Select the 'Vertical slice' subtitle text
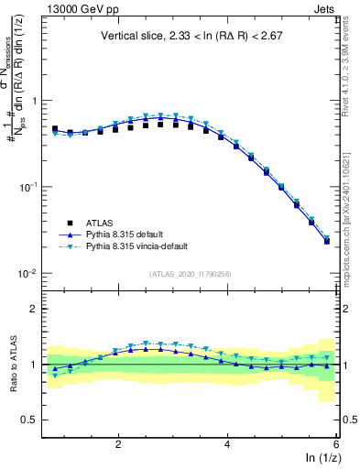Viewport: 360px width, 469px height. pyautogui.click(x=193, y=36)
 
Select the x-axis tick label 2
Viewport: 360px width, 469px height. pyautogui.click(x=118, y=443)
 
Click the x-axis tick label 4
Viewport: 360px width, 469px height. pyautogui.click(x=227, y=443)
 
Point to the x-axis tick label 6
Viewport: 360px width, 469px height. pyautogui.click(x=336, y=443)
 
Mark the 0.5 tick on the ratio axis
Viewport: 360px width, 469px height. pyautogui.click(x=29, y=420)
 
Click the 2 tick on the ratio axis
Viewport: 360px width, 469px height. pyautogui.click(x=34, y=309)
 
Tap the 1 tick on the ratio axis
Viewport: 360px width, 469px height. pyautogui.click(x=34, y=365)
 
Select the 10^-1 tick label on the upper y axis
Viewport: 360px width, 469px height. pyautogui.click(x=28, y=187)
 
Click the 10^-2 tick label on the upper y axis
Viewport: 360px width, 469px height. pyautogui.click(x=28, y=274)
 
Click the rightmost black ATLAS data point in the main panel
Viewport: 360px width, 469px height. pyautogui.click(x=327, y=241)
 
